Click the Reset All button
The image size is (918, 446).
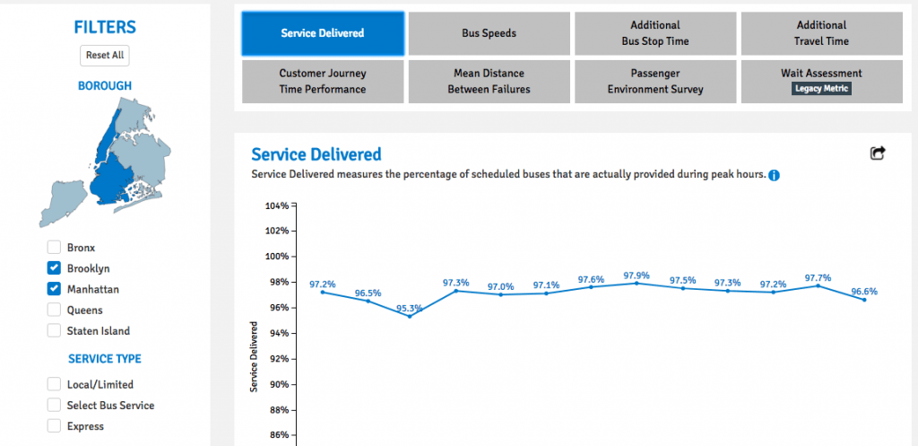tap(105, 55)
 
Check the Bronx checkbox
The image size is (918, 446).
tap(54, 247)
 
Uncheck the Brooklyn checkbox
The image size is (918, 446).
tap(54, 268)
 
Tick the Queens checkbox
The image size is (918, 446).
tap(54, 310)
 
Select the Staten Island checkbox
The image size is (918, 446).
tap(54, 331)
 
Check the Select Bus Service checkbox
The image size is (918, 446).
tap(54, 406)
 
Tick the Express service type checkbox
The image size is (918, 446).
tap(54, 426)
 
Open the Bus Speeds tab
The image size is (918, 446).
tap(489, 33)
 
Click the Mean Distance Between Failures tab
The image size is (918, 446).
tap(489, 81)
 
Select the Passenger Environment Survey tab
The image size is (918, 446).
tap(655, 81)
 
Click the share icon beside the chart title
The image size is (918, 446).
tap(878, 153)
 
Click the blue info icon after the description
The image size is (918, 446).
tap(774, 175)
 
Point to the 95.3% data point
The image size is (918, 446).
tap(410, 316)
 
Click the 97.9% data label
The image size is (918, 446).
tap(637, 275)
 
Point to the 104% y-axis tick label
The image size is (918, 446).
tap(276, 206)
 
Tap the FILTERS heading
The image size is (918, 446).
tap(105, 27)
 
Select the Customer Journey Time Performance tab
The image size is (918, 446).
tap(322, 81)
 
